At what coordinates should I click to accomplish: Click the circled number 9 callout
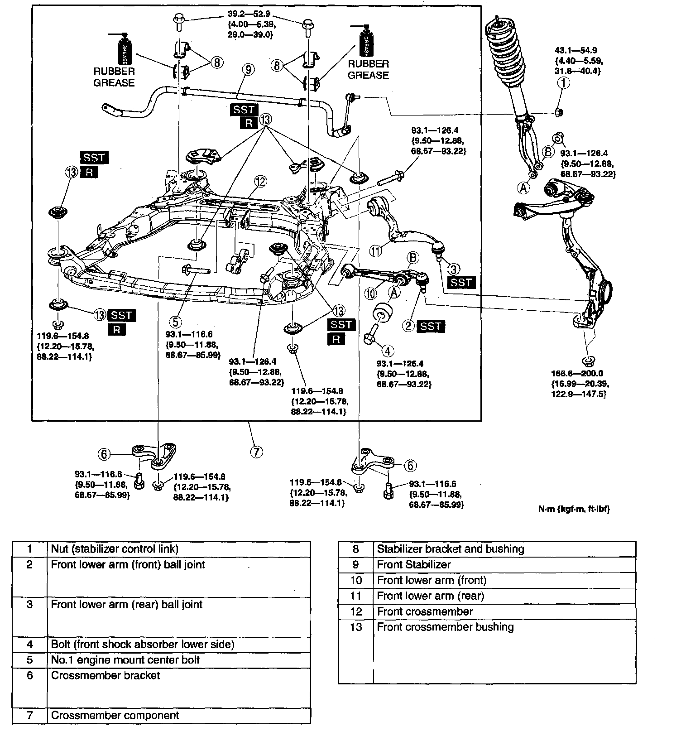click(248, 70)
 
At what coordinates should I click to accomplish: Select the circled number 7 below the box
click(256, 452)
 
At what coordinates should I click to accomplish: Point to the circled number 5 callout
click(176, 322)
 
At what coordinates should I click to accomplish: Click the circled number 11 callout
click(375, 251)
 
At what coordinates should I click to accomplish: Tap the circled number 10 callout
click(371, 294)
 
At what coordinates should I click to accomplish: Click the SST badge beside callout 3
click(461, 283)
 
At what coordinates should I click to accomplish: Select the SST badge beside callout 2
click(431, 326)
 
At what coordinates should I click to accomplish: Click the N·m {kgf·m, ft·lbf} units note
click(574, 509)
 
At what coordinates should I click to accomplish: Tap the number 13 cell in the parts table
click(356, 627)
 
